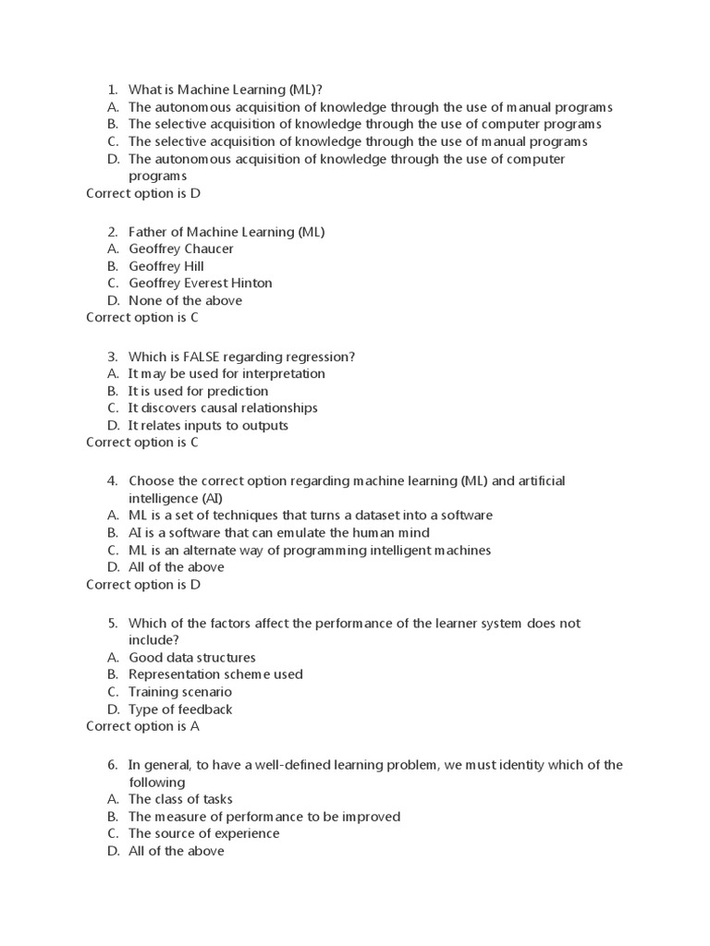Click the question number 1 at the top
point(112,90)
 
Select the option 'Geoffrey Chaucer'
point(181,249)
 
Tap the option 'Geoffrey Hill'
point(166,266)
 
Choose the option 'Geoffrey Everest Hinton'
point(201,284)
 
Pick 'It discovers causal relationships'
point(223,408)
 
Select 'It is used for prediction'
point(198,391)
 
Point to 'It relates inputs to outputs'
point(208,426)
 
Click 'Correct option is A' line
point(143,727)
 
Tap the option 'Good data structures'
point(192,658)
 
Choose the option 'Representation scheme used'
point(215,674)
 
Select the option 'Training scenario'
point(180,692)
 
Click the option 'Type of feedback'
point(180,709)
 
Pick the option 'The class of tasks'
point(180,799)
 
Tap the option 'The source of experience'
point(203,833)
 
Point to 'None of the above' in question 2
point(185,300)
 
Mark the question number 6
point(112,765)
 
